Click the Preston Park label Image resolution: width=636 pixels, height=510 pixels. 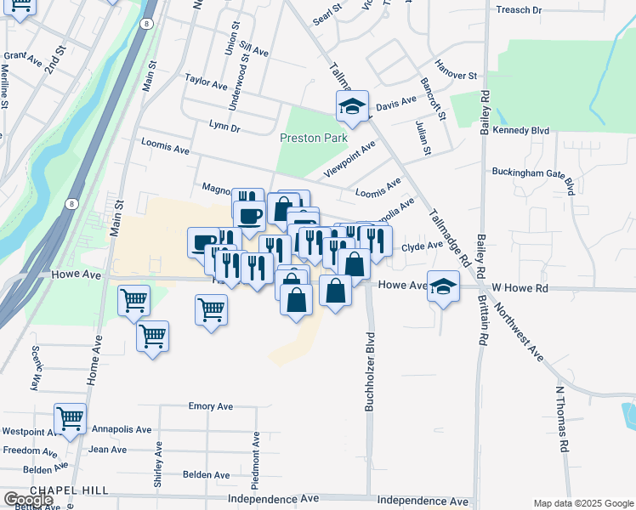pyautogui.click(x=314, y=137)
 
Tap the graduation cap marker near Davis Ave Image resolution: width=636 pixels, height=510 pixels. pyautogui.click(x=352, y=107)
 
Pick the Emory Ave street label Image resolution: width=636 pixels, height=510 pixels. pyautogui.click(x=211, y=406)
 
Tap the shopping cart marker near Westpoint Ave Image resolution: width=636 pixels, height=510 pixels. pyautogui.click(x=70, y=419)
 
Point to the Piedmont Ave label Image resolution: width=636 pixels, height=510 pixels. pyautogui.click(x=255, y=456)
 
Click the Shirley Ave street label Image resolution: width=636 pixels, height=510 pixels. pyautogui.click(x=158, y=464)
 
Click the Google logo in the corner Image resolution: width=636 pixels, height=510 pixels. pyautogui.click(x=28, y=500)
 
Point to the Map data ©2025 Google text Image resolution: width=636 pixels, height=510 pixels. pyautogui.click(x=583, y=503)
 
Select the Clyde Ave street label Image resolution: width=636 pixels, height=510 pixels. pyautogui.click(x=423, y=246)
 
